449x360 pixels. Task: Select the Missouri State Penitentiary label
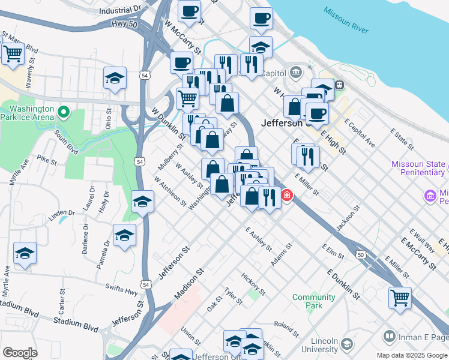[418, 168]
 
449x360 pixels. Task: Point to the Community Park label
[313, 301]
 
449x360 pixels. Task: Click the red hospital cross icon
[287, 196]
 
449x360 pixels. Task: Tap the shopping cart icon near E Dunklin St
[400, 297]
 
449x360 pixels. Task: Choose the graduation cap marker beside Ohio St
[115, 78]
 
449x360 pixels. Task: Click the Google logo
[20, 353]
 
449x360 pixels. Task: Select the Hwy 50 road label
[124, 25]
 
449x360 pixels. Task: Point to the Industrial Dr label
[119, 10]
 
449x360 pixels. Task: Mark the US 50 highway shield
[360, 254]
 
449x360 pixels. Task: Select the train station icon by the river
[339, 86]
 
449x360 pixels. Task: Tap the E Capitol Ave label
[360, 132]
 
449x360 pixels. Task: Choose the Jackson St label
[348, 217]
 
